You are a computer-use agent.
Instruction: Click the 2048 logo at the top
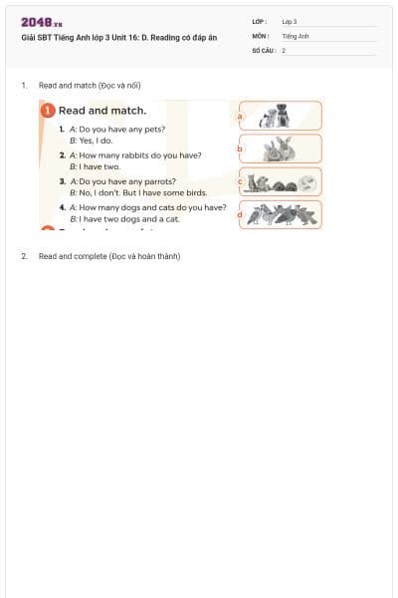pyautogui.click(x=42, y=22)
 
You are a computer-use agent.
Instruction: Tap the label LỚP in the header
pyautogui.click(x=260, y=21)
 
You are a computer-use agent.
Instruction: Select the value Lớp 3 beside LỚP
pyautogui.click(x=290, y=21)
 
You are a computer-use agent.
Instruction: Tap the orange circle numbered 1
pyautogui.click(x=47, y=111)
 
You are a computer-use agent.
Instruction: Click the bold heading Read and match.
pyautogui.click(x=102, y=111)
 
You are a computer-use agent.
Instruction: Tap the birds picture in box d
pyautogui.click(x=282, y=213)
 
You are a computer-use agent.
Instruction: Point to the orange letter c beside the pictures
pyautogui.click(x=239, y=181)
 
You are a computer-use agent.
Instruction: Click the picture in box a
pyautogui.click(x=274, y=116)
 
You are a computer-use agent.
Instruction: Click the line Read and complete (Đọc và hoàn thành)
pyautogui.click(x=109, y=256)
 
